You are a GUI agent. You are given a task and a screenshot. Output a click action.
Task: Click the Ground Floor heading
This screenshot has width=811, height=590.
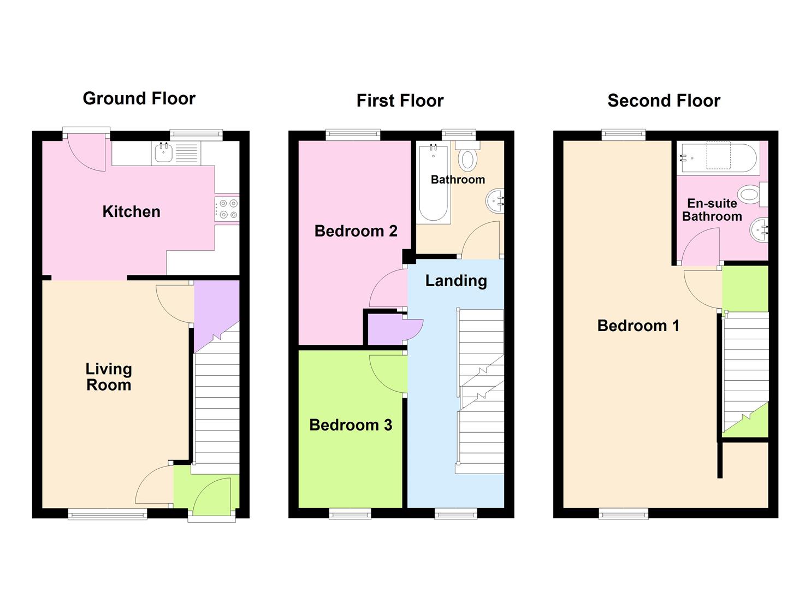tap(139, 98)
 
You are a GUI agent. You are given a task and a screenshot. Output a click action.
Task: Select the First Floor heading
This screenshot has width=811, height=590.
tap(400, 101)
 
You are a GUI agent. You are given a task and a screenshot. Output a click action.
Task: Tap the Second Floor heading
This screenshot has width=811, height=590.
tap(664, 101)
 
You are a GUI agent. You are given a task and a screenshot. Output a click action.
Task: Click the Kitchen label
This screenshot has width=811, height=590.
tap(131, 211)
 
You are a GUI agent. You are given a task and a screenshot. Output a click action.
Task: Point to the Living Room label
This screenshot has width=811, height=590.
tap(109, 377)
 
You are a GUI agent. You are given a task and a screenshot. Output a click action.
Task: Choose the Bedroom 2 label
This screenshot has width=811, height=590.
tap(356, 231)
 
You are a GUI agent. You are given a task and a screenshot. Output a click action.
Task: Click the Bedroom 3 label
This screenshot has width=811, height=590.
tap(351, 425)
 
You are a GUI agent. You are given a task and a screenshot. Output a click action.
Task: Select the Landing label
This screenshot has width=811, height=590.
tap(456, 281)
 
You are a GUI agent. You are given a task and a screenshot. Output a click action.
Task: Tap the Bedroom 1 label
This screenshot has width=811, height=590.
tap(638, 326)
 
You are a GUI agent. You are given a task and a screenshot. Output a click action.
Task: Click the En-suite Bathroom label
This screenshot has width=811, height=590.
tap(712, 210)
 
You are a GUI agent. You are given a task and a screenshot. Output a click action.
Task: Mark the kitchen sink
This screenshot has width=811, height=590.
tap(163, 153)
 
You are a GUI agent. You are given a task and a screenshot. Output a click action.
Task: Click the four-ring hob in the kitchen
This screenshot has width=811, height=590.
tap(227, 209)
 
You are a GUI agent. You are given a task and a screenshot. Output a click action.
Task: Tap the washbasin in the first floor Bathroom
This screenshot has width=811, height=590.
tap(495, 201)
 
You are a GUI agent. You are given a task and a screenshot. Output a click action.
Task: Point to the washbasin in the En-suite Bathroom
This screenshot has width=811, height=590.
tap(759, 230)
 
